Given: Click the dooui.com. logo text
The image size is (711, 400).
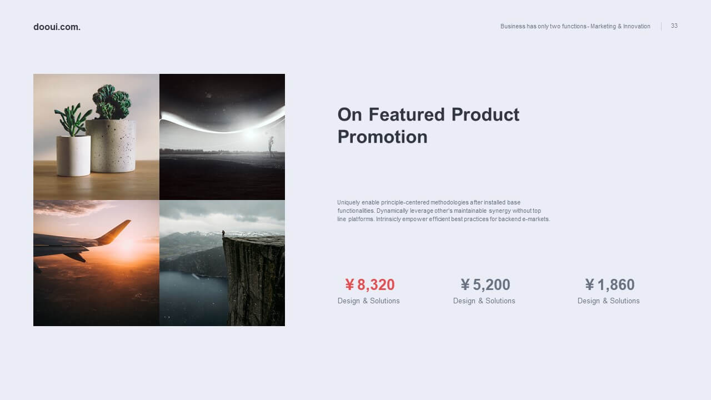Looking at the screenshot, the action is coord(57,27).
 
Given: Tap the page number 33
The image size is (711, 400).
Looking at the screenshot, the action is coord(674,26).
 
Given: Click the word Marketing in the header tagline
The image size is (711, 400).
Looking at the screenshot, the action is coord(603,26).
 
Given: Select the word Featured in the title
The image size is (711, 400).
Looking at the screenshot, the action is coord(407,114).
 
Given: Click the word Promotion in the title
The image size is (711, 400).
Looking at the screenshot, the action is coord(383,137).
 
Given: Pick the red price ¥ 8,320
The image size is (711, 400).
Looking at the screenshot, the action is coord(370,285).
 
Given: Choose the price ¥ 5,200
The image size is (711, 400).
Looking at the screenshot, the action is coord(485,285).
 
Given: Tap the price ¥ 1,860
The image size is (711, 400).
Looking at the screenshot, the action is coord(610,285).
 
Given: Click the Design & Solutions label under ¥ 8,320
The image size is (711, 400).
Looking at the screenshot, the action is coord(368,301).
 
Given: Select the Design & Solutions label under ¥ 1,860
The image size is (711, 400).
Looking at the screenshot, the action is coord(608,301).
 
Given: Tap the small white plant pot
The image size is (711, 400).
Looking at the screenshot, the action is coord(74,156).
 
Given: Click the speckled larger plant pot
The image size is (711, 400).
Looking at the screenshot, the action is coord(111,146).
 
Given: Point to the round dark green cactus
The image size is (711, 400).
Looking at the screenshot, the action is coord(112,102).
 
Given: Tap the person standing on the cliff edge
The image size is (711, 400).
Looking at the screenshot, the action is coord(223,234).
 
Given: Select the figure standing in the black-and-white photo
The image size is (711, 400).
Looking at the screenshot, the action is coord(271,146).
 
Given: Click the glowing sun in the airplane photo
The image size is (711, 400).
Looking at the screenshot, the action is coord(127,246).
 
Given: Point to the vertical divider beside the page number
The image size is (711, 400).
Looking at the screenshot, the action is coord(661,26).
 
